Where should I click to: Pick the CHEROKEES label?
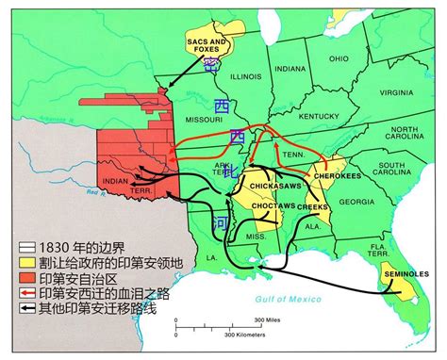(x=336, y=175)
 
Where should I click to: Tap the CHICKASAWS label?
(x=271, y=186)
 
